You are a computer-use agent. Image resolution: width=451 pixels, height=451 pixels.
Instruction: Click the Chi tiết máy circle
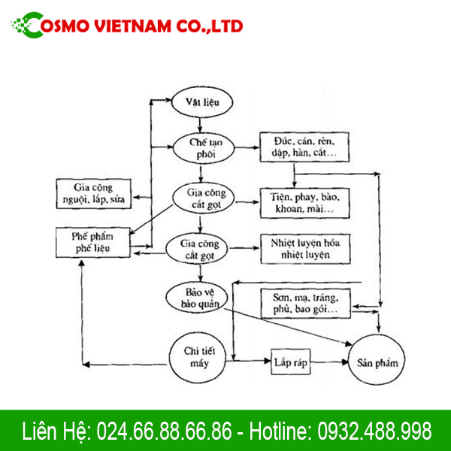click(x=200, y=356)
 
